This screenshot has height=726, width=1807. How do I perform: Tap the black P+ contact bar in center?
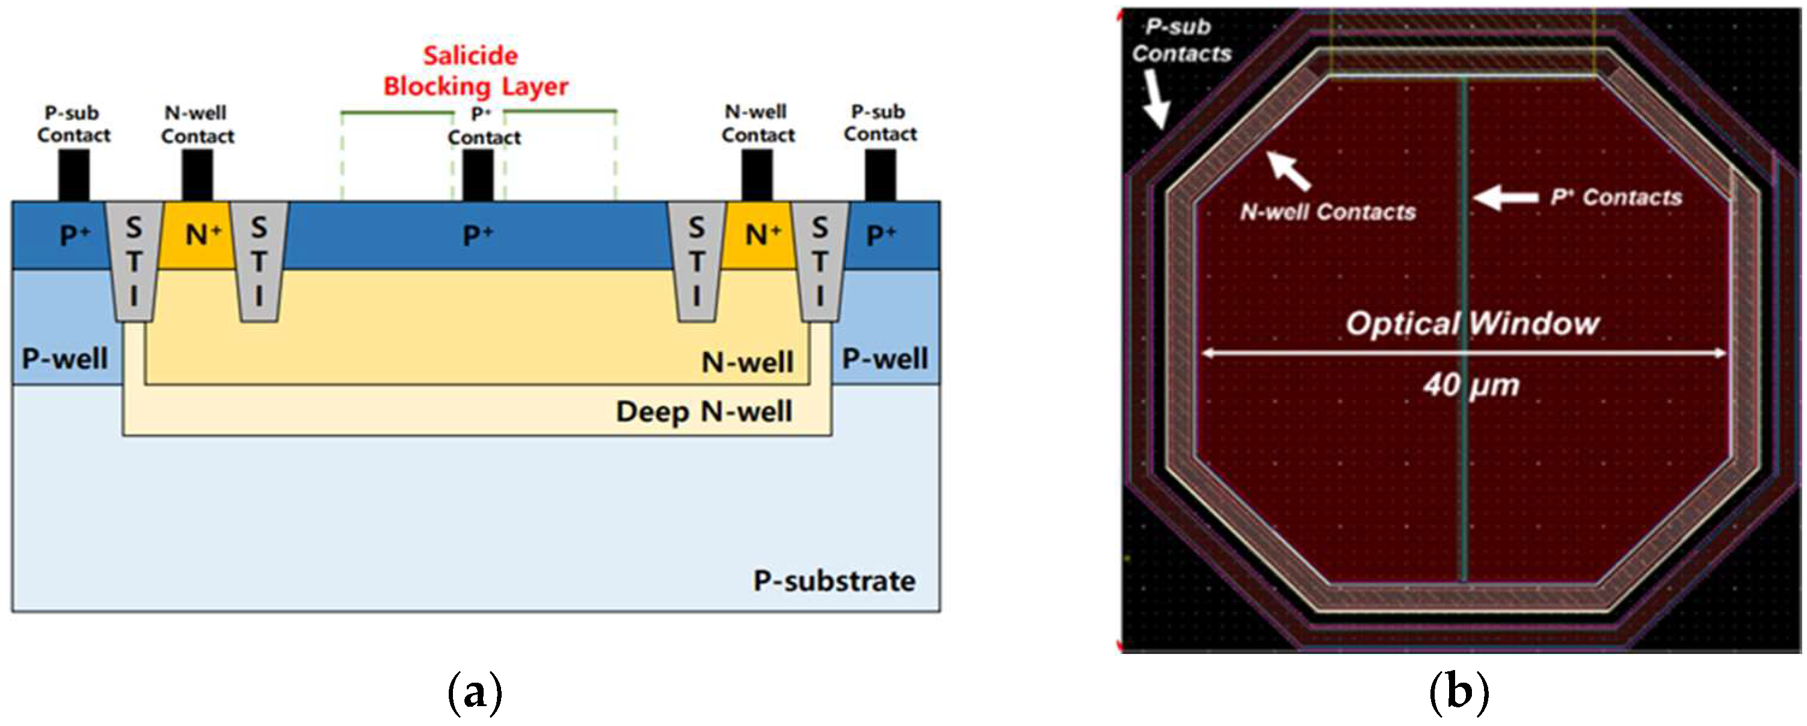pyautogui.click(x=478, y=176)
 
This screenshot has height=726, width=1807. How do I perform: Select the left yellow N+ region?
pyautogui.click(x=197, y=235)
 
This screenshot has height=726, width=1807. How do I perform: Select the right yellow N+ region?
pyautogui.click(x=759, y=235)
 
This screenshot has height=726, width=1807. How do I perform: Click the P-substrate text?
pyautogui.click(x=833, y=581)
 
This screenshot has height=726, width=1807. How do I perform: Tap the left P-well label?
pyautogui.click(x=64, y=358)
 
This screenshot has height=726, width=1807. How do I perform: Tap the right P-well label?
pyautogui.click(x=885, y=358)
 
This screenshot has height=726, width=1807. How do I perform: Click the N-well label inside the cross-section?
pyautogui.click(x=748, y=362)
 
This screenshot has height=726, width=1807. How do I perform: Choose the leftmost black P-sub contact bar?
pyautogui.click(x=73, y=176)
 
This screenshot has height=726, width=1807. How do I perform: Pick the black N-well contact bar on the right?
pyautogui.click(x=757, y=176)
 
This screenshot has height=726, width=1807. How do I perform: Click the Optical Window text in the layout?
pyautogui.click(x=1472, y=324)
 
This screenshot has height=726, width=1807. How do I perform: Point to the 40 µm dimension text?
pyautogui.click(x=1471, y=384)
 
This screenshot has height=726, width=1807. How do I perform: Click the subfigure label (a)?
pyautogui.click(x=475, y=692)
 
